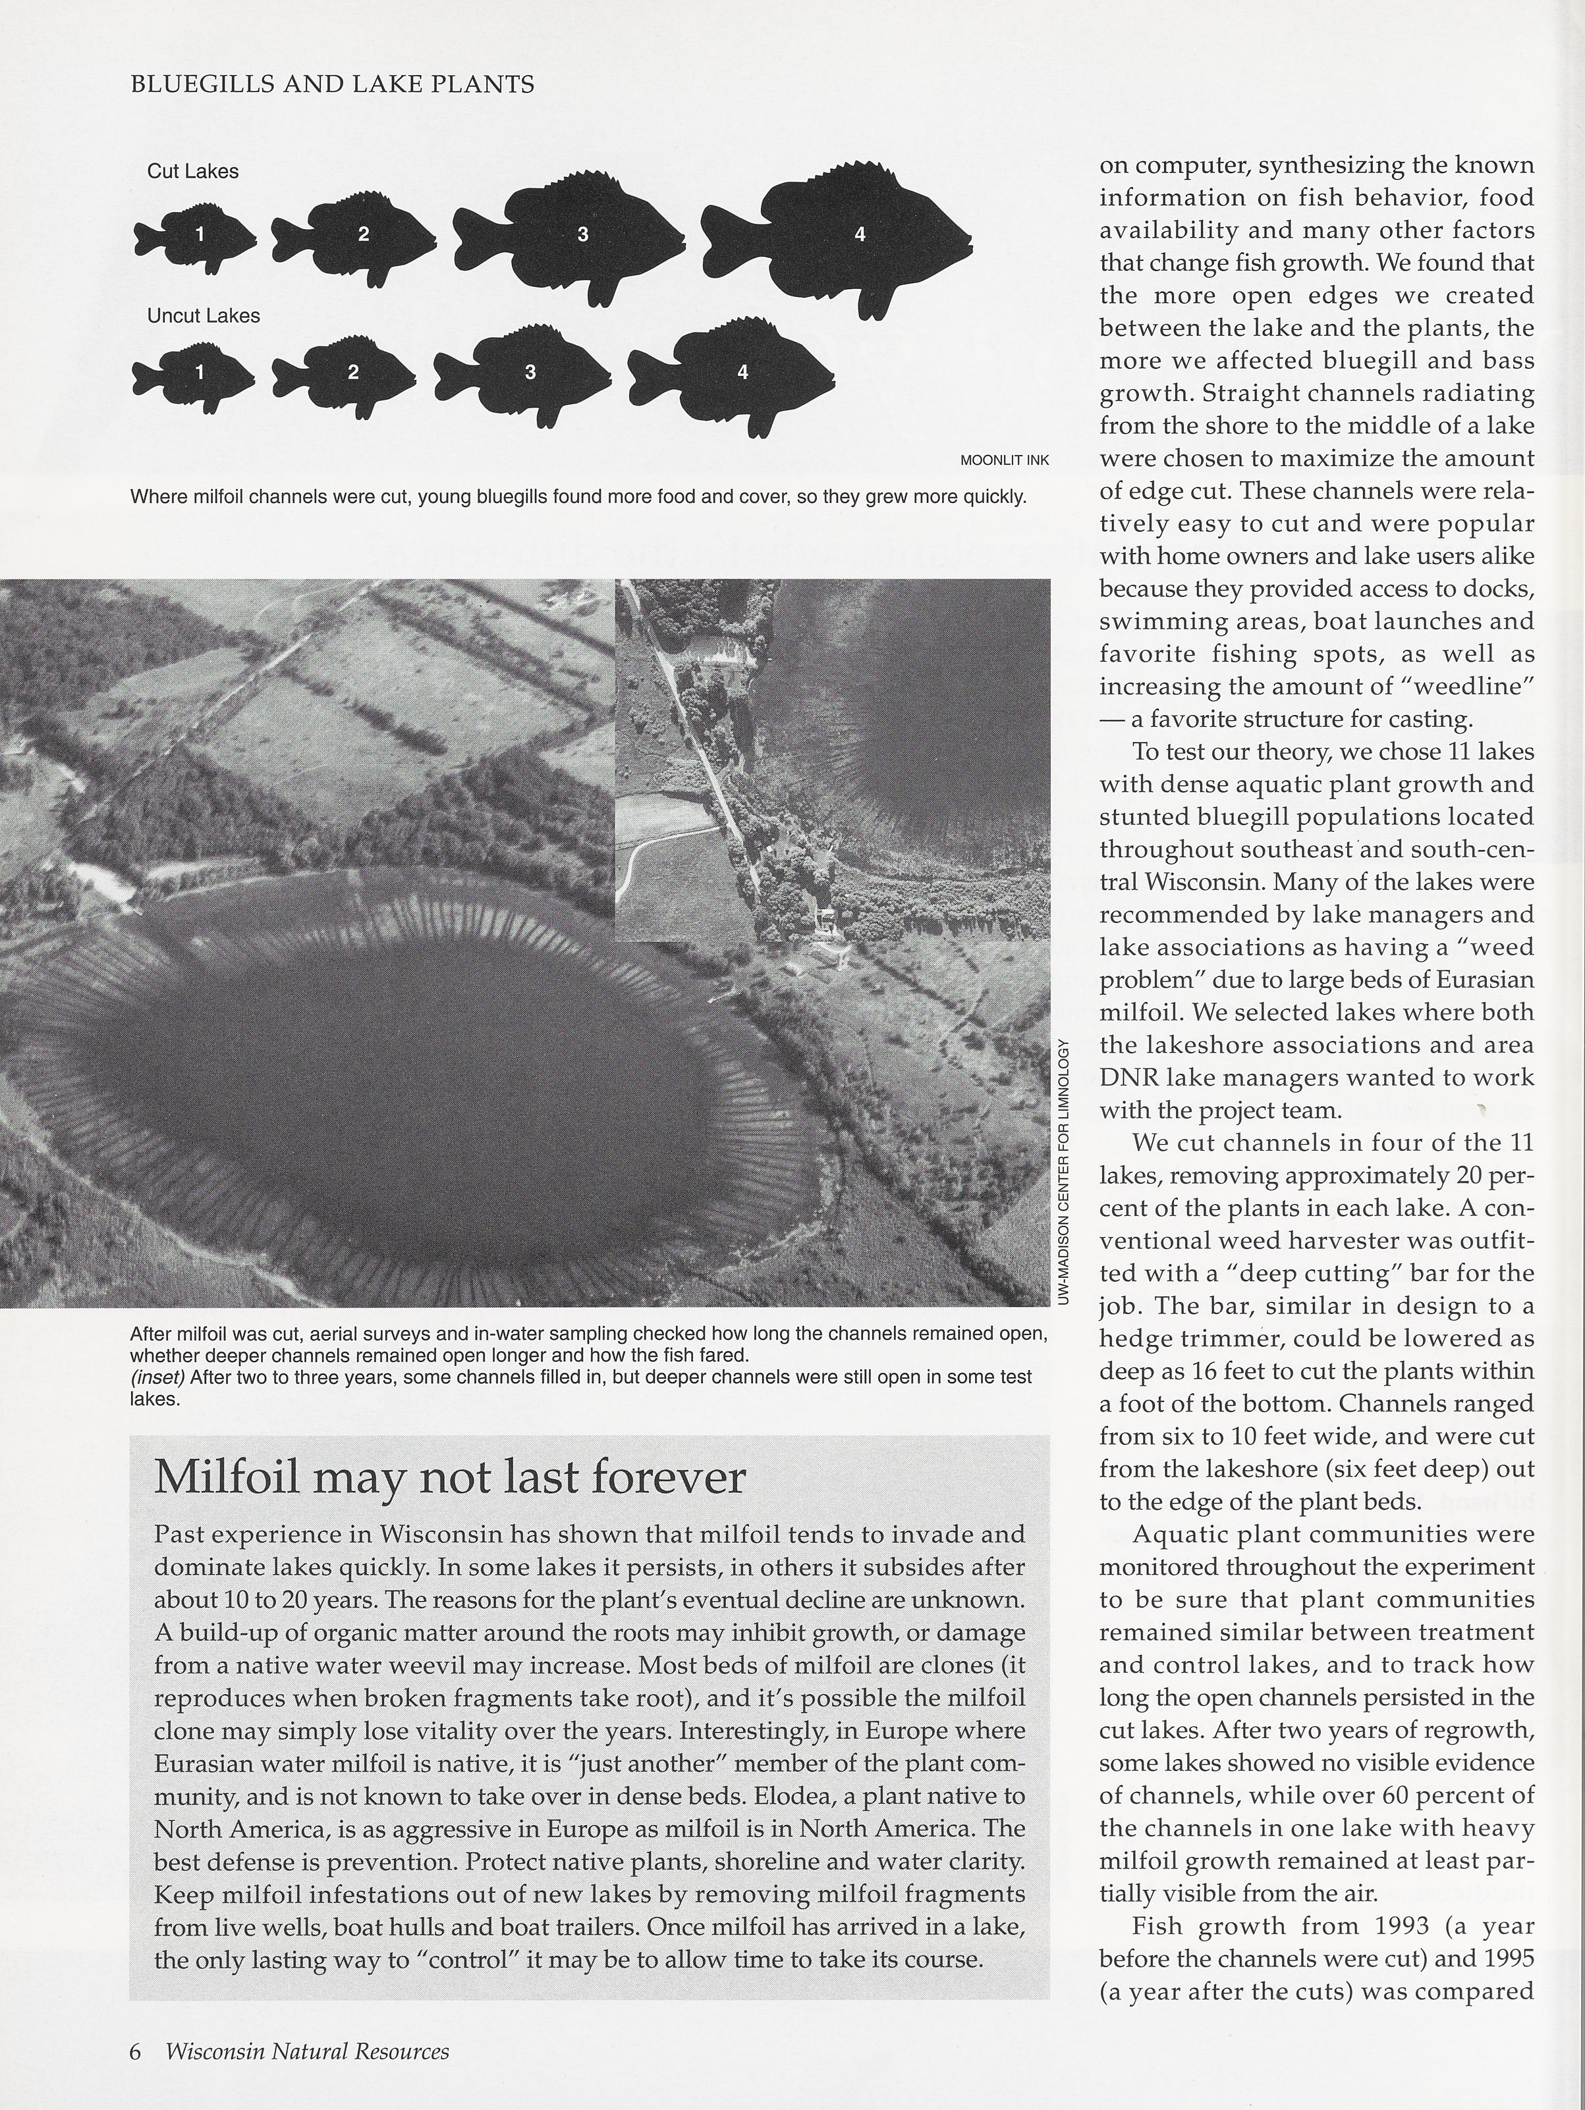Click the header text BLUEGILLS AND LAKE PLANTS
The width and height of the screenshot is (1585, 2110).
click(331, 85)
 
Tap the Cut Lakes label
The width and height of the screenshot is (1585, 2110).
click(193, 172)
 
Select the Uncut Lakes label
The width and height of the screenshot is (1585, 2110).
click(204, 316)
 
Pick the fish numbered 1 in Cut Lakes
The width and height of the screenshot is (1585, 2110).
click(196, 234)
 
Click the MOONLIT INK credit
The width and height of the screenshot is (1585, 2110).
click(1004, 460)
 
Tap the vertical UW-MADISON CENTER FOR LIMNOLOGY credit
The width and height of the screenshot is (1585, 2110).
click(1066, 1173)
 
